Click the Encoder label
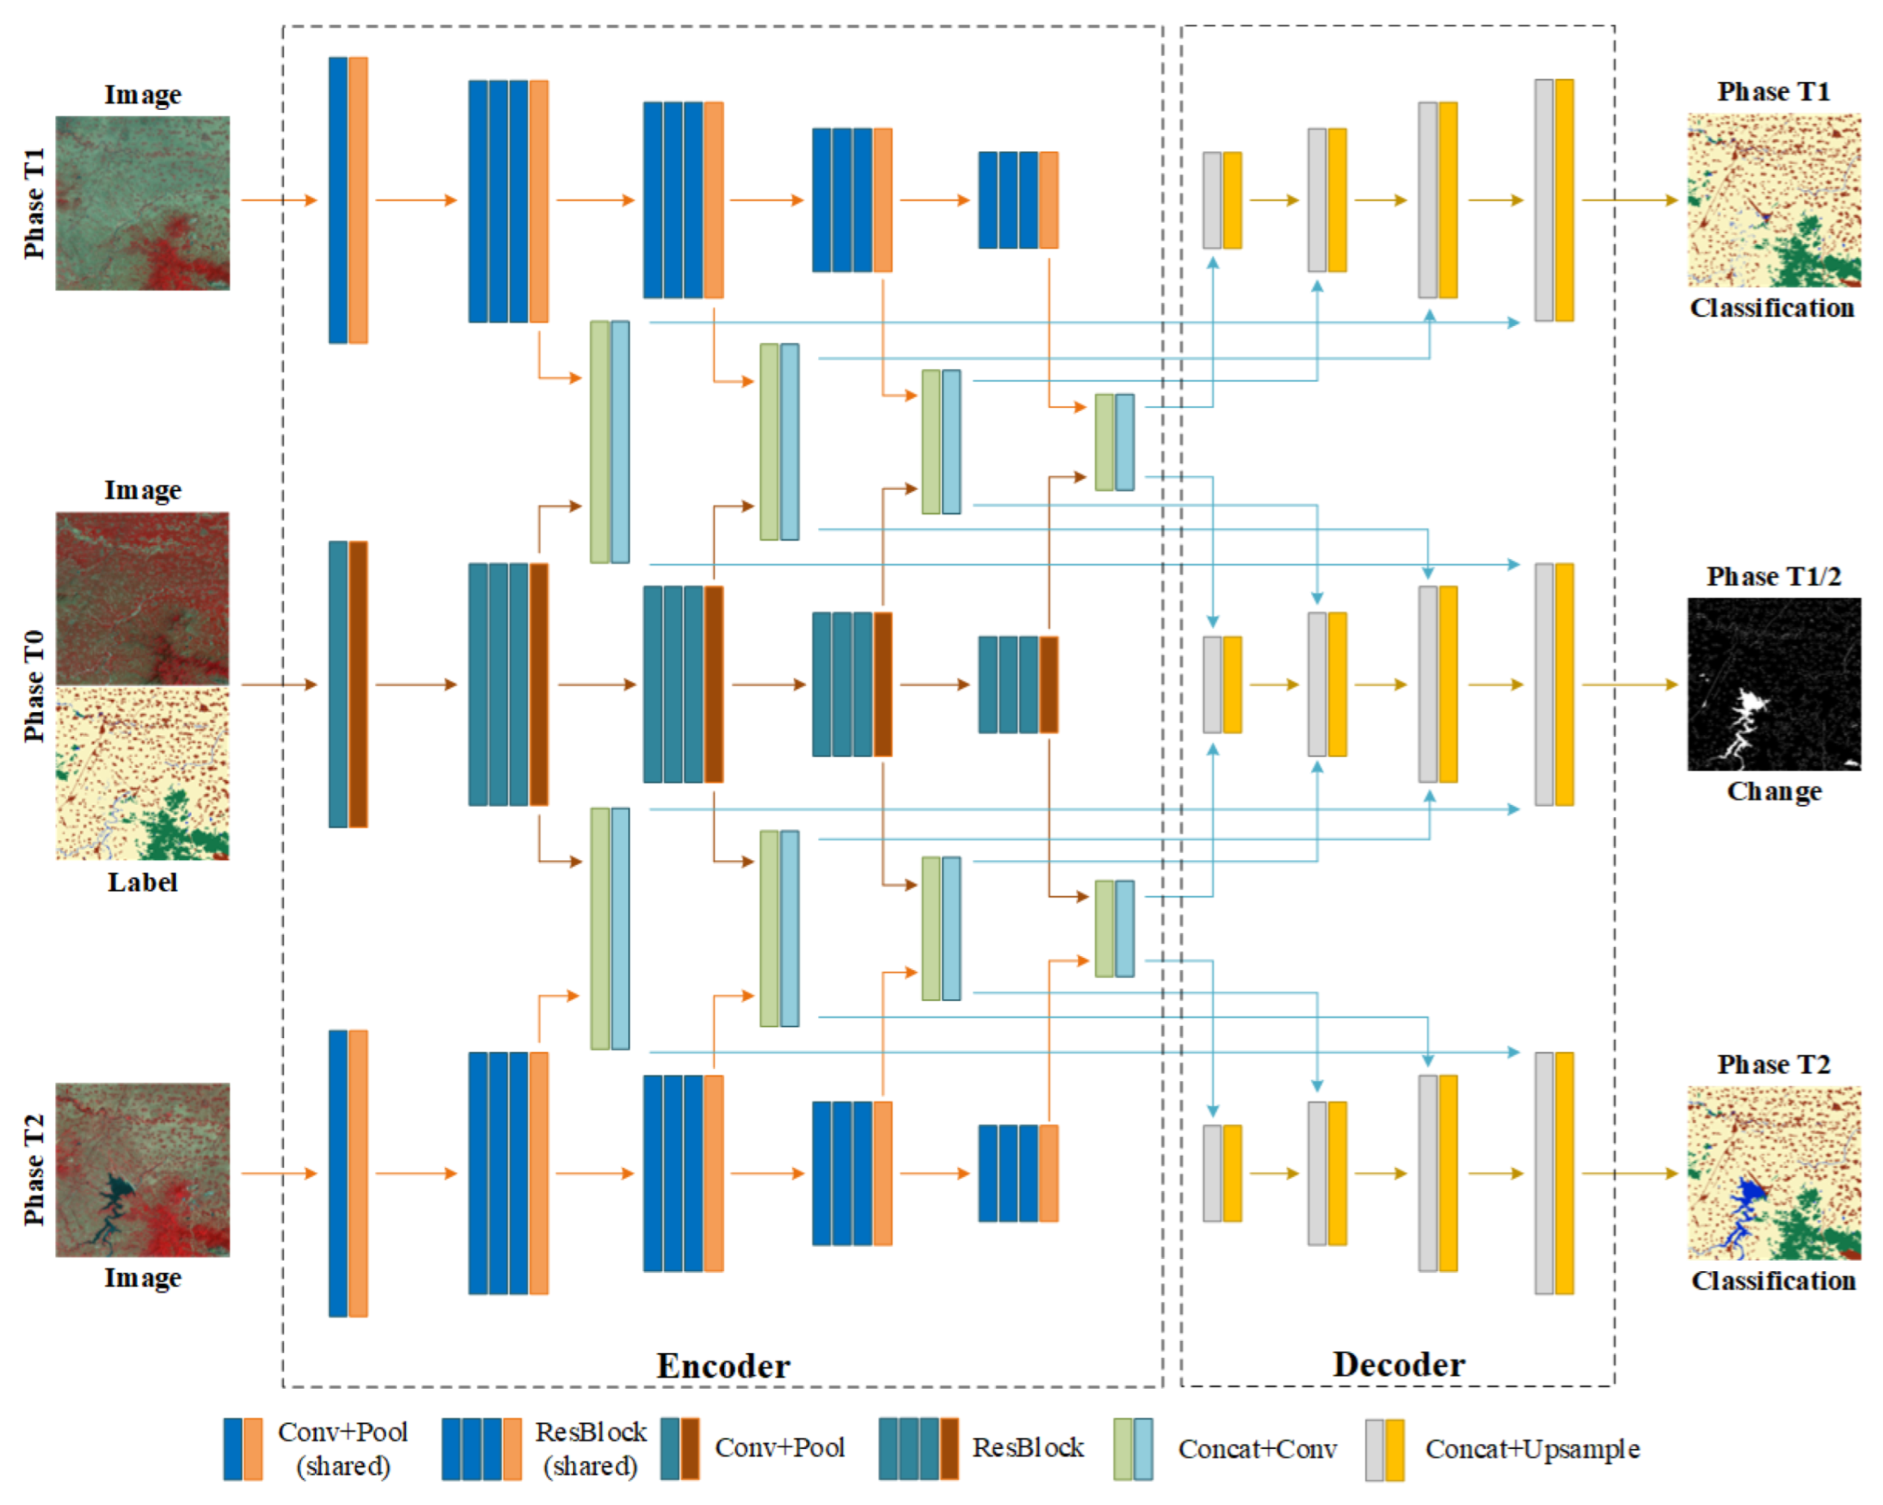(723, 1365)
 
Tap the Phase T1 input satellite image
(142, 203)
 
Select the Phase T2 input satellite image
(142, 1170)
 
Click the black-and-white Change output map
(1773, 684)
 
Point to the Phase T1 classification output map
(1773, 200)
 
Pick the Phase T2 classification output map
(1773, 1172)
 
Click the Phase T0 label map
(142, 774)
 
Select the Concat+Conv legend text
(1257, 1449)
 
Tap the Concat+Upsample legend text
(1532, 1449)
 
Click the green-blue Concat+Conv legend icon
(1133, 1449)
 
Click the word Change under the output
(1774, 792)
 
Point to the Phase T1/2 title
(1773, 577)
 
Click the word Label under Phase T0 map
(142, 882)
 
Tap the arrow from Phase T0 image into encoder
(278, 684)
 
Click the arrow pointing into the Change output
(1630, 684)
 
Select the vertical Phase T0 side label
(33, 686)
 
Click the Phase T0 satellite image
(142, 598)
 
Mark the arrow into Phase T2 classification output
(1630, 1173)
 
